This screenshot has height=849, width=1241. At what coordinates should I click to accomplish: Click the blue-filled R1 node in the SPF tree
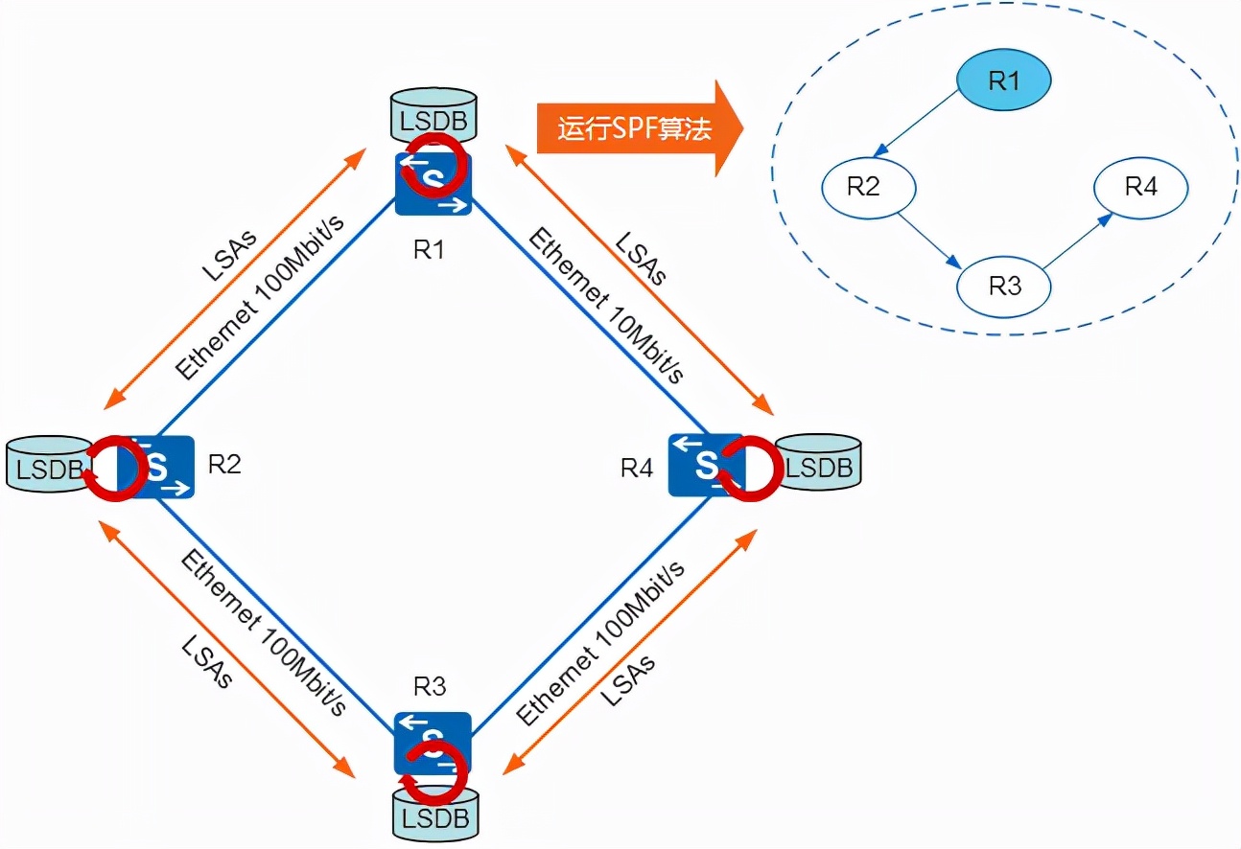pyautogui.click(x=1003, y=81)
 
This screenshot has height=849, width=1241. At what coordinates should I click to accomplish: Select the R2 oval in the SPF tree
pyautogui.click(x=863, y=186)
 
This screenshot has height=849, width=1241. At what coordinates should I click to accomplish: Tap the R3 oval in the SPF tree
pyautogui.click(x=1004, y=286)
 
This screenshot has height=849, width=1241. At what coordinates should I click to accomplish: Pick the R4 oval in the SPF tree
pyautogui.click(x=1140, y=186)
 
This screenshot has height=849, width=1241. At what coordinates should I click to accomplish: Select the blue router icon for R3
pyautogui.click(x=433, y=743)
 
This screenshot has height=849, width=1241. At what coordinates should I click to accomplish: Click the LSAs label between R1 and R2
pyautogui.click(x=228, y=254)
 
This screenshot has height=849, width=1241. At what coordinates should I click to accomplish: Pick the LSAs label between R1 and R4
pyautogui.click(x=641, y=258)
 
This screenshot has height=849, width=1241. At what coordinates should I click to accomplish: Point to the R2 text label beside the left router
pyautogui.click(x=223, y=465)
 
